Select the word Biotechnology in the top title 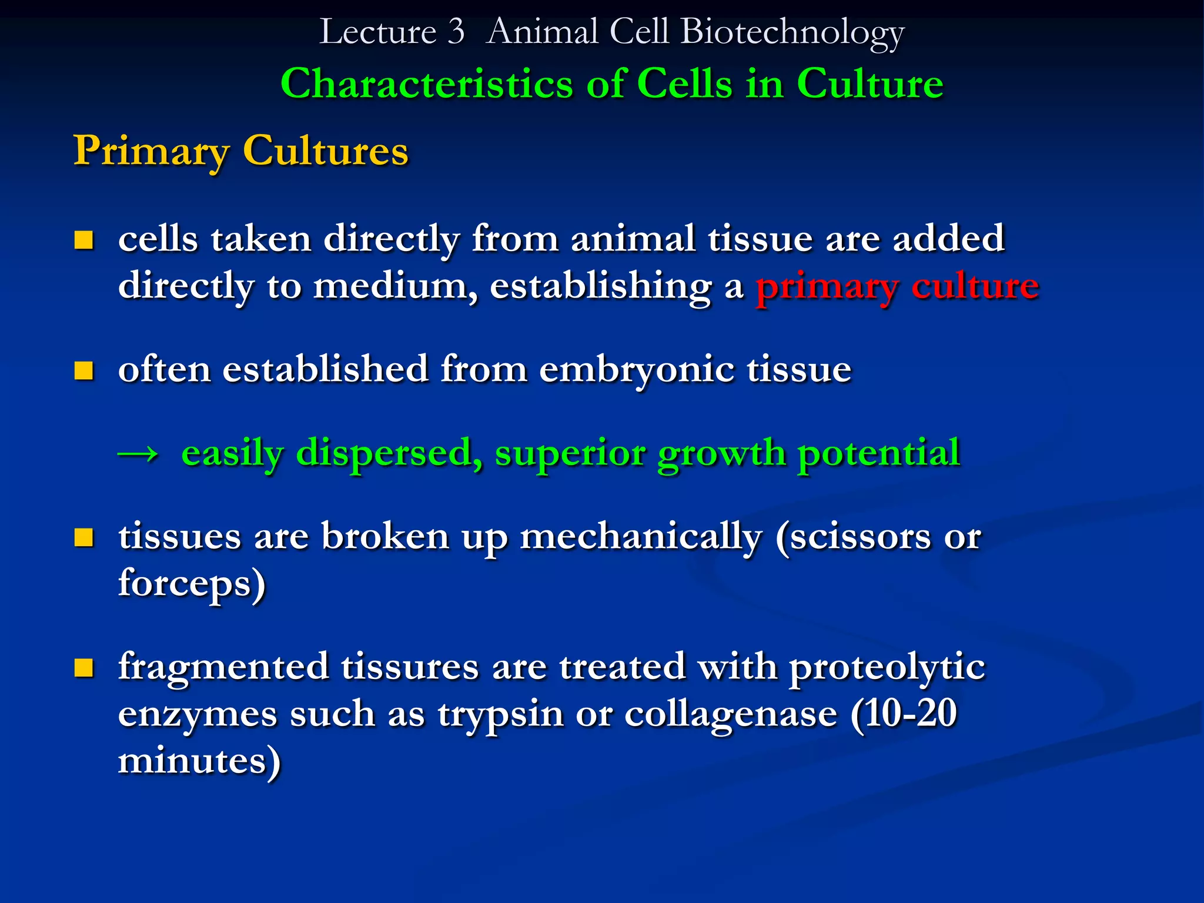coord(792,33)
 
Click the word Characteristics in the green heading coord(426,83)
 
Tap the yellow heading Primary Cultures coord(241,151)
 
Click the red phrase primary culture coord(897,287)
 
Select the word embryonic coord(637,370)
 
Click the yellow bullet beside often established coord(84,371)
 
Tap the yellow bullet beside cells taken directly coord(84,240)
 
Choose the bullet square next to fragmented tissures coord(84,668)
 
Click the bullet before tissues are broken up coord(84,537)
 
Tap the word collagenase coord(731,715)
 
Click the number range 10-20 coord(909,714)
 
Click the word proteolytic coord(887,668)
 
